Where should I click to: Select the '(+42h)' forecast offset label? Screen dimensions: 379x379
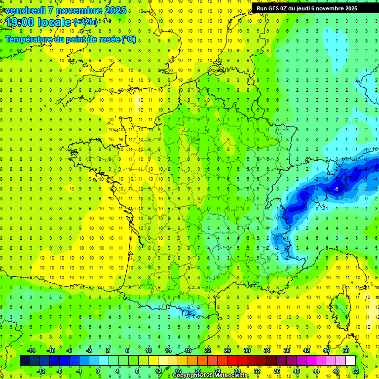[x=85, y=22]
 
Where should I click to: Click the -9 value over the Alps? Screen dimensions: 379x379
[x=336, y=189]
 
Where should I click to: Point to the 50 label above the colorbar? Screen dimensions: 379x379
[x=345, y=350]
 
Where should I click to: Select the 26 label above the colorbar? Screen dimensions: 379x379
[x=227, y=350]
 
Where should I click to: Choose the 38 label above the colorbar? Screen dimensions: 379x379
[x=286, y=350]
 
